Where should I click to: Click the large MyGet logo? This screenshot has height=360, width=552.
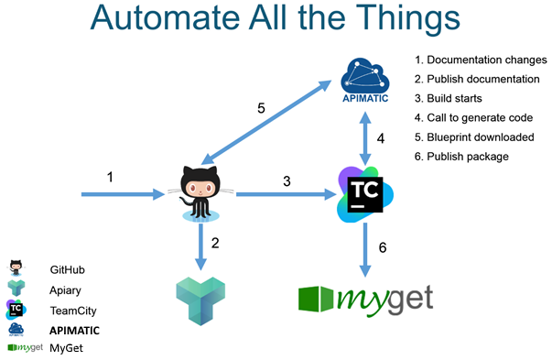point(366,299)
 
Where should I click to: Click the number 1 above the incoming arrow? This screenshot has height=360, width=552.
point(111,176)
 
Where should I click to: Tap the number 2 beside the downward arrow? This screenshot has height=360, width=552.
point(216,245)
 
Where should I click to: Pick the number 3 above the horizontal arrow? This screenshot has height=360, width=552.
point(286,180)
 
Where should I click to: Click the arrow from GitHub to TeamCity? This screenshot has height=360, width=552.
point(284,194)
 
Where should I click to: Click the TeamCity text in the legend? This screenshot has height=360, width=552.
point(73,311)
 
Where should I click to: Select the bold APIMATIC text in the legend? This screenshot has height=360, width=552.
point(75,330)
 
